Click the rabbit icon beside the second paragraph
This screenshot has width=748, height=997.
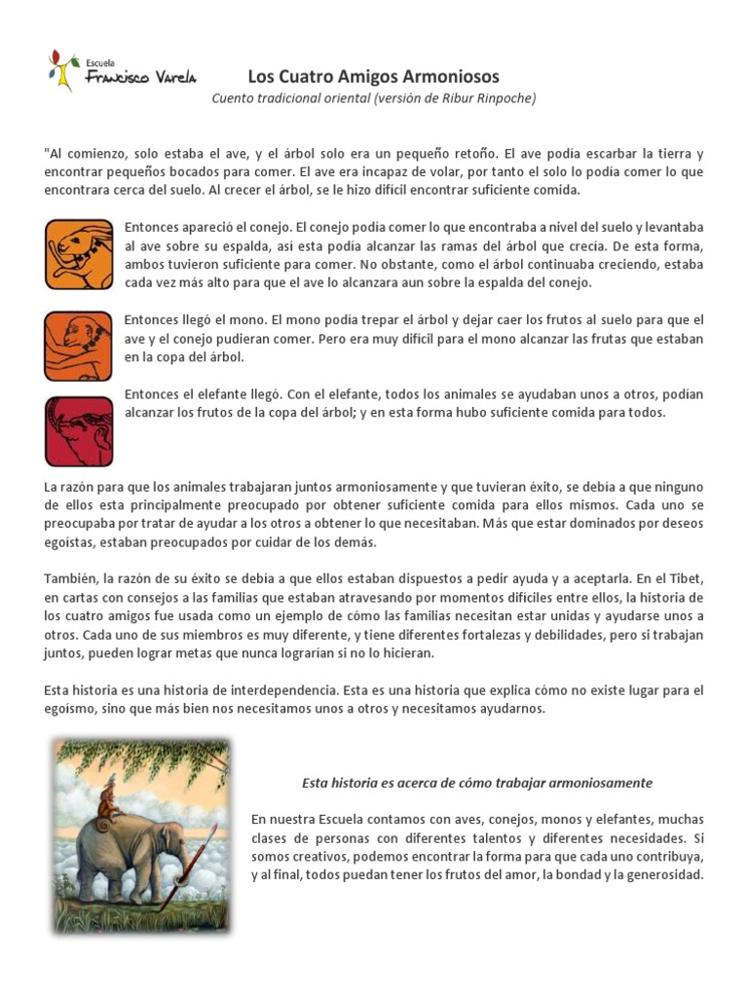[x=79, y=254]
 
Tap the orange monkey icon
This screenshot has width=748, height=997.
[x=79, y=346]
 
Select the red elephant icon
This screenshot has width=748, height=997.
[x=79, y=430]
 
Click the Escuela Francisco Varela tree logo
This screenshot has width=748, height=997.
[x=64, y=71]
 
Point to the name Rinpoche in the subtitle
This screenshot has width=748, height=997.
[x=504, y=98]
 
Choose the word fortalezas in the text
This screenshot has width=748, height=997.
[x=480, y=635]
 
